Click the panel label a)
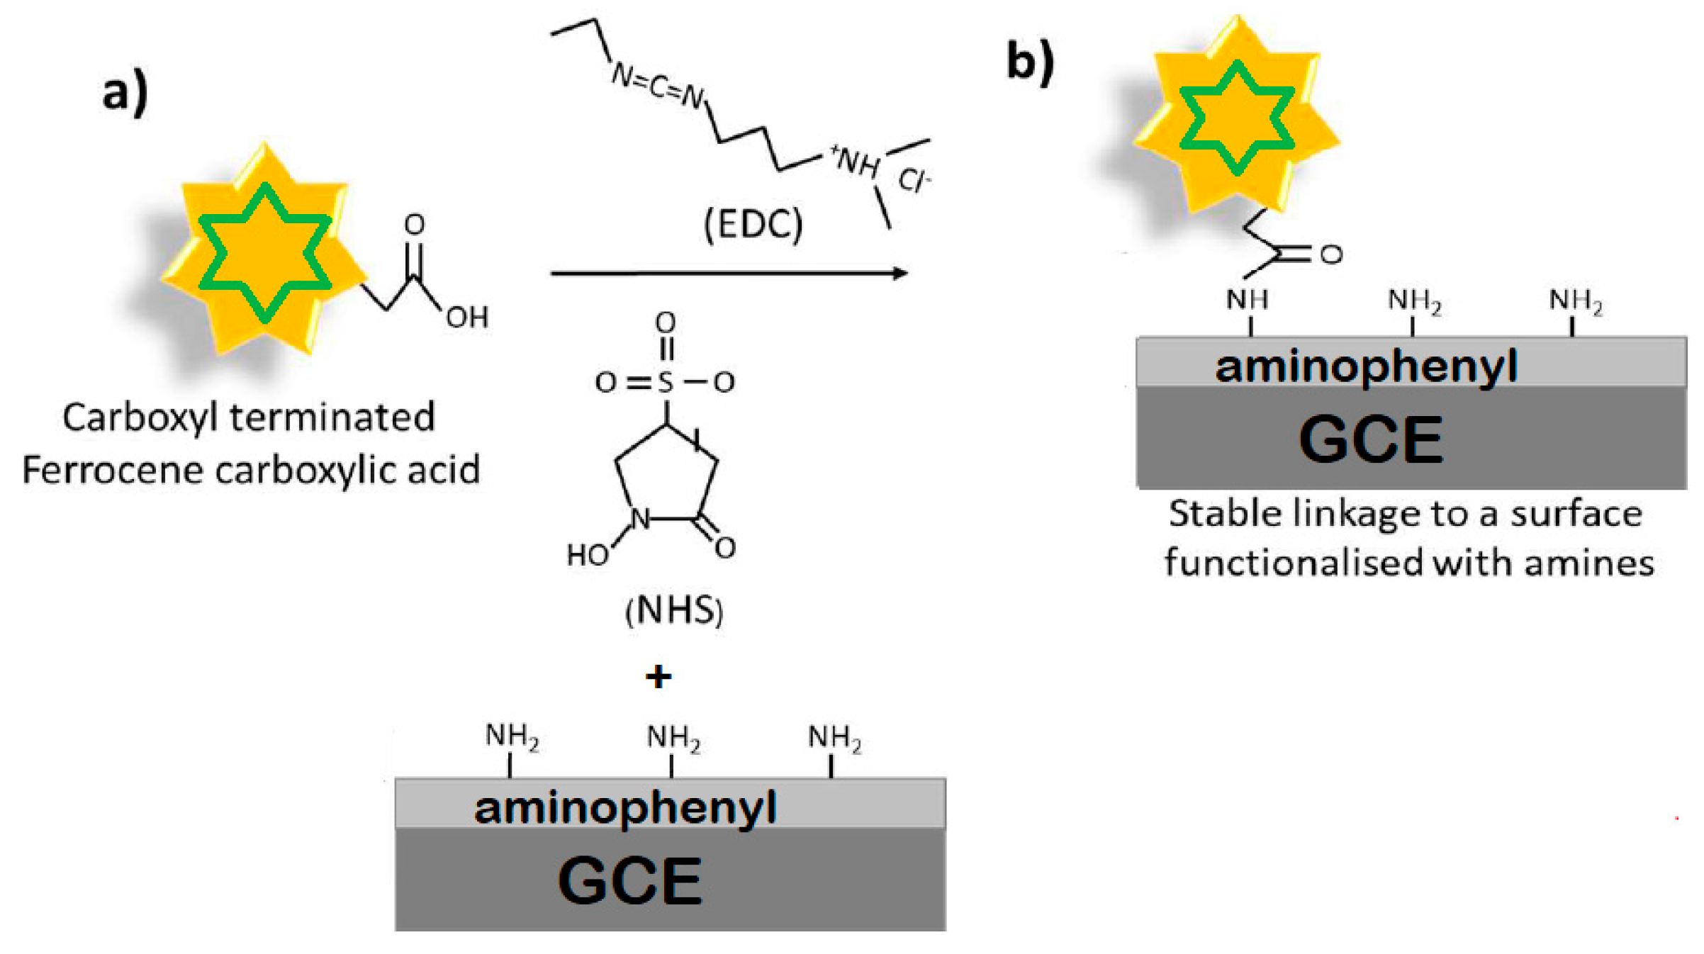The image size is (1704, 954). coord(125,92)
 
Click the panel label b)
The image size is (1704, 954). coord(1030,62)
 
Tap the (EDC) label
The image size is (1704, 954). coord(753,225)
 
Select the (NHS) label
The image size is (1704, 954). coord(673,610)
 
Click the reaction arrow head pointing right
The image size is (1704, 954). coord(900,273)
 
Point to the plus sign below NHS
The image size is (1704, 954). coord(658,677)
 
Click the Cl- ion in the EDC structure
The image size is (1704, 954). coord(914,181)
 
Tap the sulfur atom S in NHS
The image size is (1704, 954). coord(665,383)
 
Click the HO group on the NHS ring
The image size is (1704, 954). coord(588,555)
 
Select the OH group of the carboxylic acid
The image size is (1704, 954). coord(467,318)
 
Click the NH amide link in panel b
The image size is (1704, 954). coord(1248,300)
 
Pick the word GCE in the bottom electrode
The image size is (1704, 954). coord(630,881)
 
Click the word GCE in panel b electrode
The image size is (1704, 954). coord(1371,440)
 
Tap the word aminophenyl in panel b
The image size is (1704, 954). coord(1366,367)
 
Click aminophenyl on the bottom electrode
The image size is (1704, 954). coord(625,809)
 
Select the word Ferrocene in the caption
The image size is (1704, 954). coord(113,470)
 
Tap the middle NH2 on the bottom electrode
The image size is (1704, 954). coord(673,738)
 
